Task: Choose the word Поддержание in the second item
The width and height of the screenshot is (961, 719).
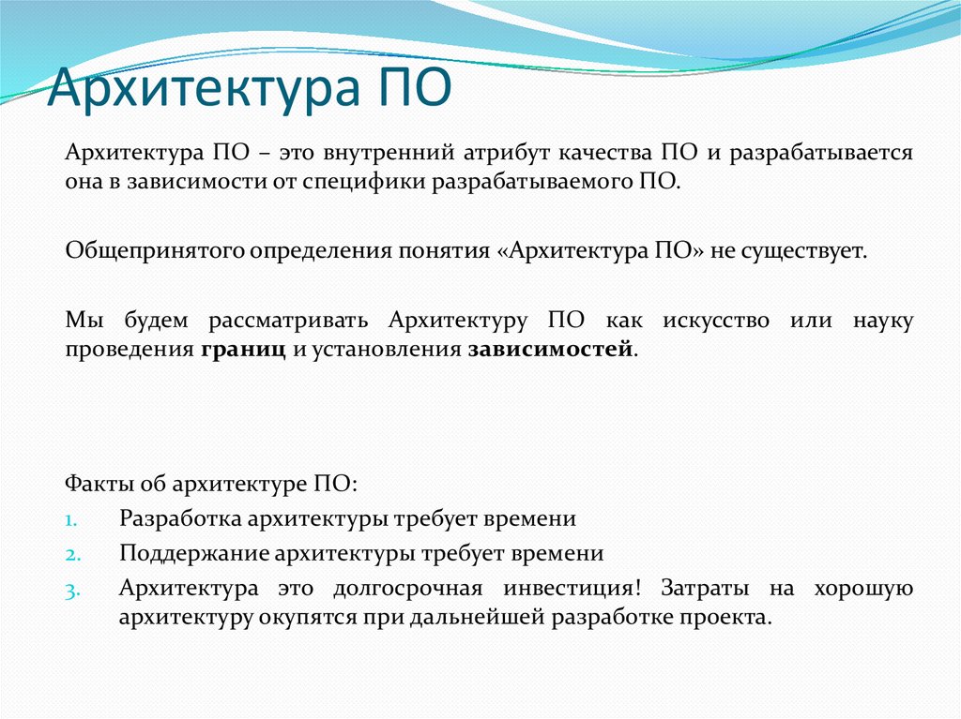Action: tap(193, 553)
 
